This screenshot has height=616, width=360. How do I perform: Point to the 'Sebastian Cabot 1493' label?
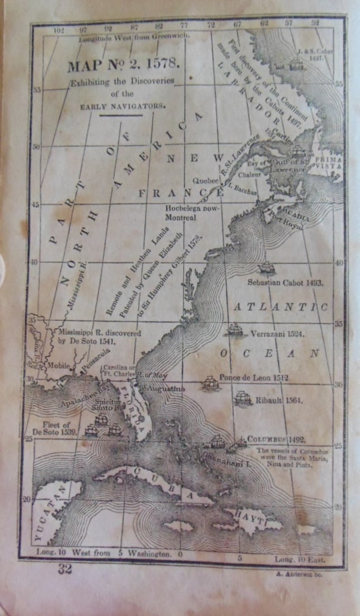click(x=285, y=283)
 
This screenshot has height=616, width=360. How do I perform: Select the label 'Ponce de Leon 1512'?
click(x=254, y=377)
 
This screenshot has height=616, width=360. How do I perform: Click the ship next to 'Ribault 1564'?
click(x=242, y=398)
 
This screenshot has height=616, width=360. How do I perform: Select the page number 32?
click(x=65, y=570)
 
